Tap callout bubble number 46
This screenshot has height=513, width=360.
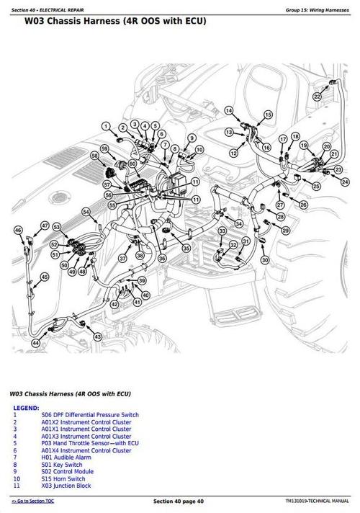19,230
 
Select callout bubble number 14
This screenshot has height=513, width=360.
229,110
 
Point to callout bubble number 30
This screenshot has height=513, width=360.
265,260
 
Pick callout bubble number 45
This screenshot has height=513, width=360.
45,277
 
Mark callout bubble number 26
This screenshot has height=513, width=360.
303,205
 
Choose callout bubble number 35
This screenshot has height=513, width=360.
186,249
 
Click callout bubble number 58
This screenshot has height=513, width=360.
94,156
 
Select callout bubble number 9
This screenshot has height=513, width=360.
192,138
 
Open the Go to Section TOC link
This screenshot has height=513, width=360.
35,500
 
